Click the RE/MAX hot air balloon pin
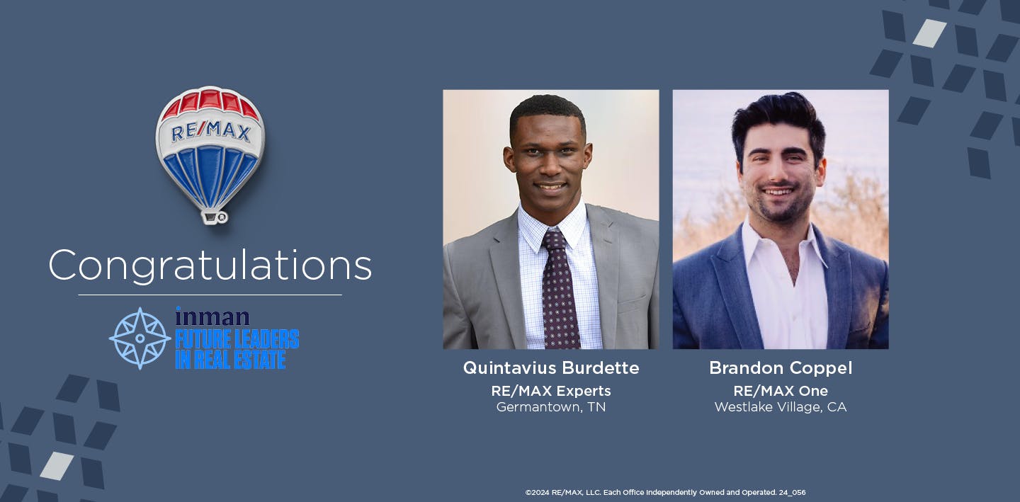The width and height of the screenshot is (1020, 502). point(210,149)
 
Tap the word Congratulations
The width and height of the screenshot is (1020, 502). point(210,266)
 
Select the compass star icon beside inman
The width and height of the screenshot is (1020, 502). point(140,338)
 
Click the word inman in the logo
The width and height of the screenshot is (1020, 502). point(212,316)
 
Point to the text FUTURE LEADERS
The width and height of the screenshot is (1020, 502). point(237,339)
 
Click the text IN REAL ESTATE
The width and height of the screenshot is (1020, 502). point(230,359)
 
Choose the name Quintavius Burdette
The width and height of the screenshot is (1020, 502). point(551,368)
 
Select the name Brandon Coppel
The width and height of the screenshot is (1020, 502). point(781,368)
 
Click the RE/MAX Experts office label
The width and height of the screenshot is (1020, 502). point(551,391)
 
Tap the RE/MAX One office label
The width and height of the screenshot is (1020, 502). point(781,391)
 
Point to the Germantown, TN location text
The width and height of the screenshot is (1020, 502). point(551,407)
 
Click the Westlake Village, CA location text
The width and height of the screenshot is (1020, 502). point(781,407)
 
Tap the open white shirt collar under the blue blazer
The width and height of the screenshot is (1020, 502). point(779,255)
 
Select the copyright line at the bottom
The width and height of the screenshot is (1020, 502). point(665,492)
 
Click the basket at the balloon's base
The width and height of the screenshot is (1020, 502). point(213,216)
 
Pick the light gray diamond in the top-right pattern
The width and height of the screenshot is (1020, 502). point(929,33)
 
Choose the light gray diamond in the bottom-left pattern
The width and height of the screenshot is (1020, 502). point(57,465)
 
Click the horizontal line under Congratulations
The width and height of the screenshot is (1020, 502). point(210,295)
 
